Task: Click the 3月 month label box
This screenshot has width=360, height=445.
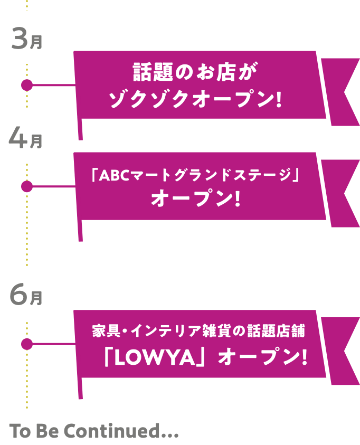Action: pyautogui.click(x=26, y=38)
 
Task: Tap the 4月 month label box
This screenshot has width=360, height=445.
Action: pyautogui.click(x=26, y=137)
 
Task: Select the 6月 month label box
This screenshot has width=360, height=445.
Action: pyautogui.click(x=26, y=293)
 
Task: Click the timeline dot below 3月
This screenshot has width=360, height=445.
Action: pyautogui.click(x=26, y=85)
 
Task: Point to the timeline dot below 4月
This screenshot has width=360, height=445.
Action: pyautogui.click(x=26, y=186)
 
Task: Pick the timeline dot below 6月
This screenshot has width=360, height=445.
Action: pyautogui.click(x=26, y=344)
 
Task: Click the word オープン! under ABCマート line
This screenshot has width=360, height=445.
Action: pyautogui.click(x=196, y=200)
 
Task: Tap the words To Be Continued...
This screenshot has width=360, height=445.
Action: pyautogui.click(x=94, y=432)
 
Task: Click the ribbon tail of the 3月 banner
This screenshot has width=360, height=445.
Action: pyautogui.click(x=340, y=92)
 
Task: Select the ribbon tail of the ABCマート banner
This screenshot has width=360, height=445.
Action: pyautogui.click(x=340, y=193)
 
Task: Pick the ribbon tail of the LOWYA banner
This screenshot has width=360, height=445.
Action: pyautogui.click(x=340, y=351)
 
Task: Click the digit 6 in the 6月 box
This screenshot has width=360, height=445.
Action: pyautogui.click(x=18, y=293)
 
